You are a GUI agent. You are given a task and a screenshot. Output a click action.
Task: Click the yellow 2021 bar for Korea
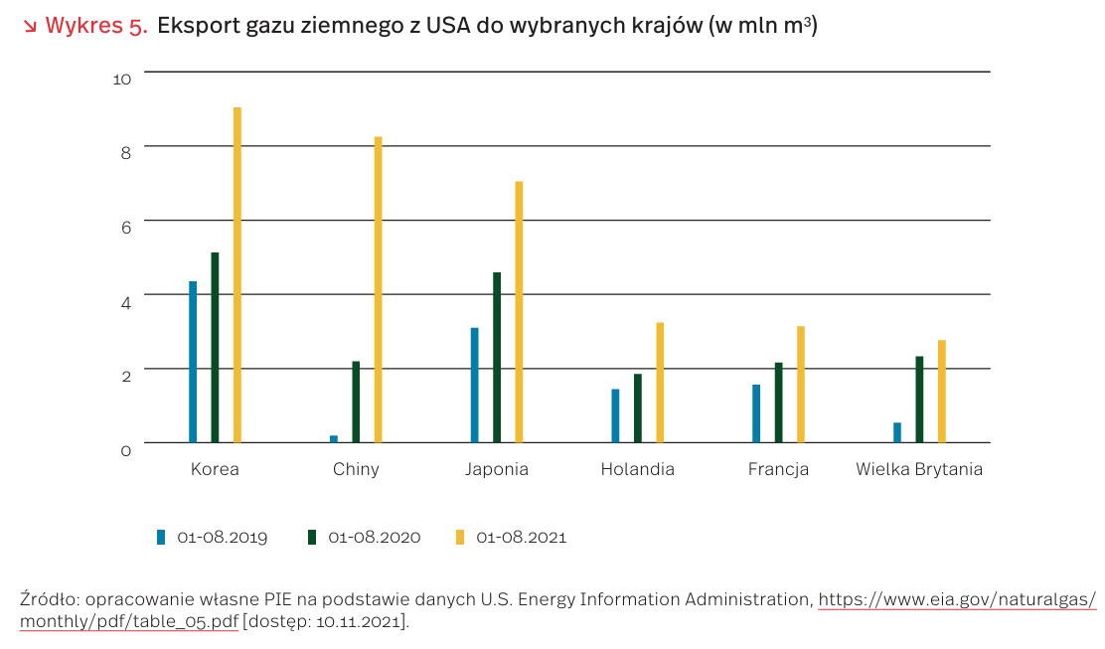[237, 274]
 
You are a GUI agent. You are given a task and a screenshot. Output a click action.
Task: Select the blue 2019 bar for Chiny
[334, 438]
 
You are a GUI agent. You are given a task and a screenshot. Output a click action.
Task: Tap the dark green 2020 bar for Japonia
[497, 357]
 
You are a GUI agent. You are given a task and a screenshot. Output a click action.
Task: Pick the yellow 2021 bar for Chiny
[379, 289]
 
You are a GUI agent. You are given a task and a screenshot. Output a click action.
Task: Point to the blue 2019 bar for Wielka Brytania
[897, 432]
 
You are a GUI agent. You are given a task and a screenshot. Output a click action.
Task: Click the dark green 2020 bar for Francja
[779, 403]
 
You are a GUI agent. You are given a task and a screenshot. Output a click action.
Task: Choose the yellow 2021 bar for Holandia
[660, 383]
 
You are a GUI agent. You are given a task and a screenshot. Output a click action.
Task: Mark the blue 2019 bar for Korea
[193, 362]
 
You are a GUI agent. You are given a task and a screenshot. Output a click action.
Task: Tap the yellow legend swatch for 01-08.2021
[460, 538]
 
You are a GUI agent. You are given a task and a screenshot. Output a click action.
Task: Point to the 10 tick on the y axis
[122, 79]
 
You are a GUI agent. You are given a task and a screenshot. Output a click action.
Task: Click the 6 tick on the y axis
[125, 227]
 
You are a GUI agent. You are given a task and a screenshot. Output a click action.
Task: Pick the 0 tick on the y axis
[125, 450]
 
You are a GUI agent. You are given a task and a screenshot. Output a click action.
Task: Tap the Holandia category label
[637, 469]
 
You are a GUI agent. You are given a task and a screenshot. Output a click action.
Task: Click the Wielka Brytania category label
[919, 469]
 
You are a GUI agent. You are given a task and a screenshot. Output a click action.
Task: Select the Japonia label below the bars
[497, 469]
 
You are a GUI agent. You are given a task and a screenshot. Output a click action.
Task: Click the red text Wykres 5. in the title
[96, 26]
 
